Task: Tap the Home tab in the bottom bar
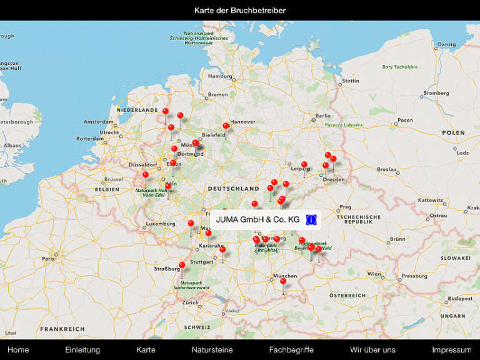(x=18, y=349)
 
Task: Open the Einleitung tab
(x=82, y=349)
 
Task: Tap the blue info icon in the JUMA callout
(x=311, y=219)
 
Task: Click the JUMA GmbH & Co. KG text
(x=257, y=219)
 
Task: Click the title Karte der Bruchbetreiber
(x=240, y=10)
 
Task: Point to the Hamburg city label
(x=220, y=76)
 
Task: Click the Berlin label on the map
(x=322, y=116)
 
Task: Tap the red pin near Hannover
(x=226, y=126)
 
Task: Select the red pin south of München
(x=283, y=282)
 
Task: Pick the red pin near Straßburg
(x=182, y=265)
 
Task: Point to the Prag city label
(x=345, y=207)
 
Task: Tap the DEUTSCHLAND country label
(x=233, y=188)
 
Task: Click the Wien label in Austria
(x=374, y=274)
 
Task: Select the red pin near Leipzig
(x=304, y=165)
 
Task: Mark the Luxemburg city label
(x=160, y=223)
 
